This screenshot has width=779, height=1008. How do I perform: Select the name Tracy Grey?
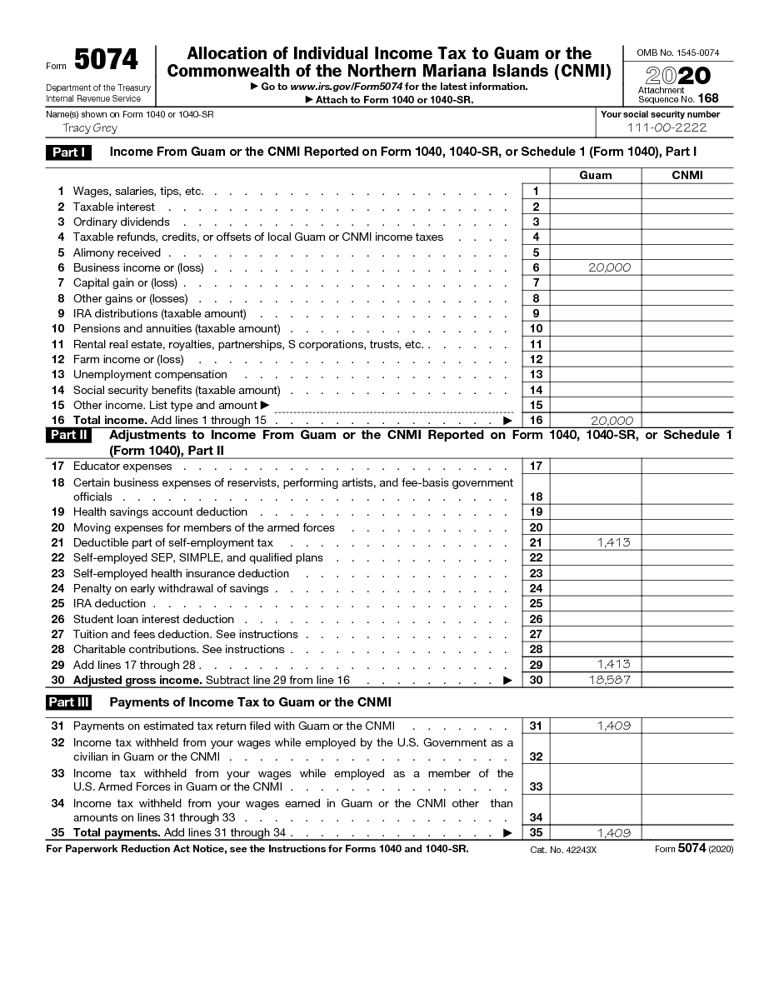coord(90,128)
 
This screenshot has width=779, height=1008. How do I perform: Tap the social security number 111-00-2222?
coord(667,128)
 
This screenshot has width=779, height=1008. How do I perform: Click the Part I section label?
coord(67,152)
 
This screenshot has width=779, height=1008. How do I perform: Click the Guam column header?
coord(595,176)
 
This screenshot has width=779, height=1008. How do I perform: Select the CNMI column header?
coord(687,176)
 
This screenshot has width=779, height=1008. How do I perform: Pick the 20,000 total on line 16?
coord(612,421)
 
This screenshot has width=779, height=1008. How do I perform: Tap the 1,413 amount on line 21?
coord(613,542)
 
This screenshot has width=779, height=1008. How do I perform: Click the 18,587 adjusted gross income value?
coord(612,680)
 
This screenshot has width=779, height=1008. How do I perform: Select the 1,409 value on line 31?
coord(613,726)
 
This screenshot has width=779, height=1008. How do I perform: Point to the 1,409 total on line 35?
coord(613,832)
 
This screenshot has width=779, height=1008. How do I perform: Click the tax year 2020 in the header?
coord(678,76)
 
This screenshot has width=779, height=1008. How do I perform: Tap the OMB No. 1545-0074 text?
coord(678,52)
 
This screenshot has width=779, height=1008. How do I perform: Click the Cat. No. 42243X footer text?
coord(563,850)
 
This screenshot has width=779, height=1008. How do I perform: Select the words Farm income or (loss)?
coord(128,360)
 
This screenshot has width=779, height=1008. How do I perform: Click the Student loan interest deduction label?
coord(153,619)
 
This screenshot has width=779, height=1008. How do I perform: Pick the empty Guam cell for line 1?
coord(595,192)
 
